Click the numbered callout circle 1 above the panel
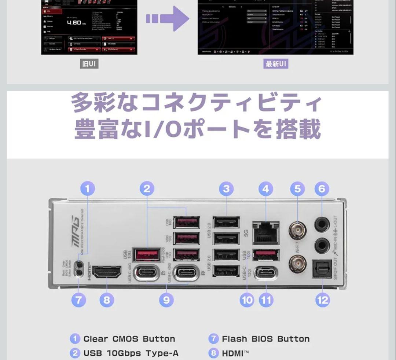click(87, 189)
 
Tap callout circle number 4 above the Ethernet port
click(266, 189)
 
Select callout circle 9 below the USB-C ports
click(166, 300)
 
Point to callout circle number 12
click(322, 300)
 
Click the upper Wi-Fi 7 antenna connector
click(297, 231)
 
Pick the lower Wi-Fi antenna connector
click(297, 264)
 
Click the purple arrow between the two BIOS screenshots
click(167, 19)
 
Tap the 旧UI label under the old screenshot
click(89, 64)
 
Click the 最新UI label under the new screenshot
click(276, 64)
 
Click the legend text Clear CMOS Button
click(129, 339)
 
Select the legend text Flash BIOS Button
click(265, 339)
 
